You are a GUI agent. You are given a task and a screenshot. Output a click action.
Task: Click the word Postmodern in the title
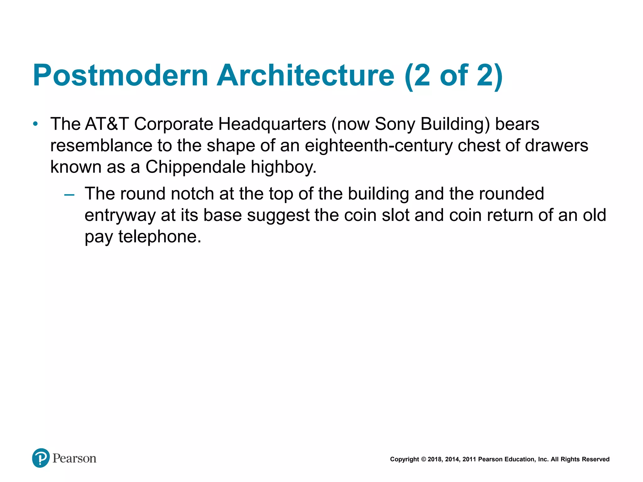(x=121, y=76)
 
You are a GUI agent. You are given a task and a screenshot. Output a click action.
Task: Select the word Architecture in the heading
(x=305, y=76)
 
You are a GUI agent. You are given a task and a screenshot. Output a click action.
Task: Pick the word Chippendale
(x=195, y=167)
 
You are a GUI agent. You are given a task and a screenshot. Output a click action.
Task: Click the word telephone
(x=159, y=237)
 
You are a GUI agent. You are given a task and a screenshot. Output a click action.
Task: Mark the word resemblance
(x=101, y=146)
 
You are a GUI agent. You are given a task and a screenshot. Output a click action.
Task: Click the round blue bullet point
(x=35, y=124)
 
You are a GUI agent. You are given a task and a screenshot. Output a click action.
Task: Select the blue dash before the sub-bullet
(x=69, y=195)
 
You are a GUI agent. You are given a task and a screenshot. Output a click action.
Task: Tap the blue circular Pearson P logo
(x=41, y=458)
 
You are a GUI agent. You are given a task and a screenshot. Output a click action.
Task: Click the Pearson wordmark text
(x=74, y=458)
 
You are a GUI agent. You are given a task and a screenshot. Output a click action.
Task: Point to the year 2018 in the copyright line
(x=435, y=459)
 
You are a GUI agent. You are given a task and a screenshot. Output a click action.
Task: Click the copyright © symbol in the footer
(x=423, y=459)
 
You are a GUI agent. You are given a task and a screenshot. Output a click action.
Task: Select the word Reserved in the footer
(x=596, y=459)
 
